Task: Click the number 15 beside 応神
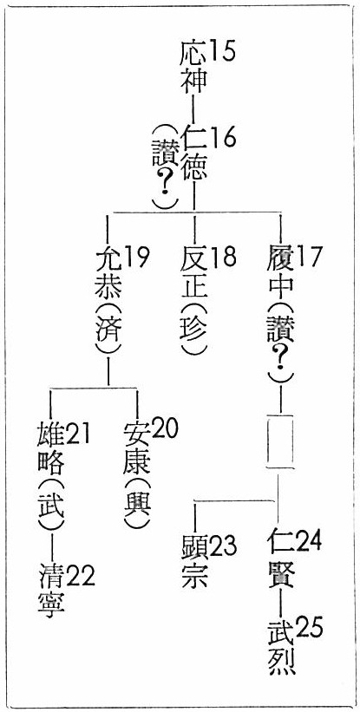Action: (x=222, y=51)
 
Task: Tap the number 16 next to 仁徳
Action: (x=222, y=137)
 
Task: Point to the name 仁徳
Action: (x=193, y=153)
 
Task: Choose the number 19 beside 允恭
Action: (x=136, y=258)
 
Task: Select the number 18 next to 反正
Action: (x=222, y=258)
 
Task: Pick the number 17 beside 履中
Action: (x=308, y=258)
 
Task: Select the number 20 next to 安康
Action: (x=164, y=428)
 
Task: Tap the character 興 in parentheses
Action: (x=137, y=504)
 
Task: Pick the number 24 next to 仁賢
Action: (x=308, y=540)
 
